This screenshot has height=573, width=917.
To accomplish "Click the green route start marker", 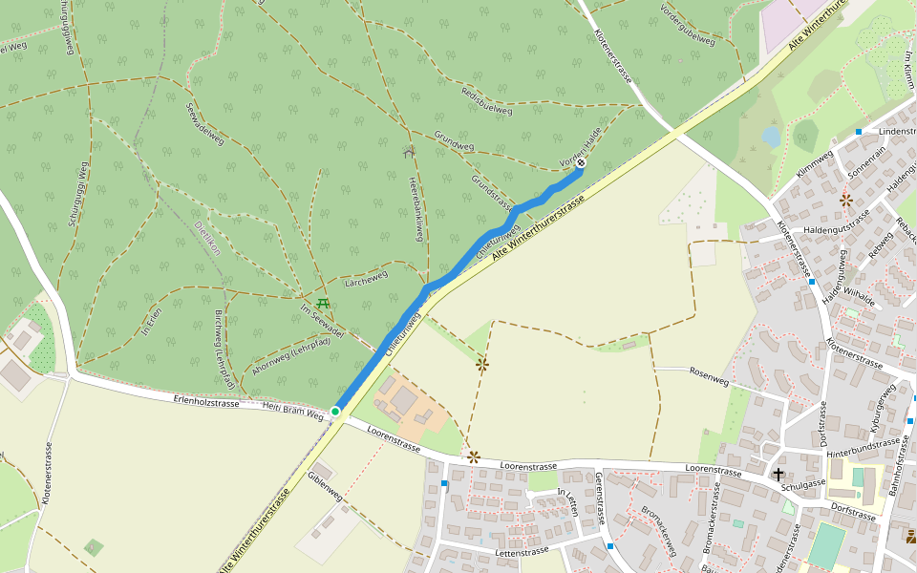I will click(335, 411).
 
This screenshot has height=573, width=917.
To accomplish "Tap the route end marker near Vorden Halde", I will click(580, 163).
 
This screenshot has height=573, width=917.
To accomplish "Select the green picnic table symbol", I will click(323, 304).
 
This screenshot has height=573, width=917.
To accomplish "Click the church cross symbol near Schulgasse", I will click(778, 474).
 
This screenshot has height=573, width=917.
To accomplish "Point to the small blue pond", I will click(771, 137).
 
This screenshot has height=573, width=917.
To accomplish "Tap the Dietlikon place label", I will click(206, 238).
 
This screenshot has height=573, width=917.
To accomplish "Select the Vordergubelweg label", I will click(688, 26).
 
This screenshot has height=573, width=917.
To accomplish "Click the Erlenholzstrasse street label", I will click(206, 402).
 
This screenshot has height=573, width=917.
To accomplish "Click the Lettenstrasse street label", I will click(522, 551).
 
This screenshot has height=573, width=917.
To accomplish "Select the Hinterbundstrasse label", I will click(864, 442).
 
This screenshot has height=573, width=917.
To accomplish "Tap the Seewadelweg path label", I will click(206, 124).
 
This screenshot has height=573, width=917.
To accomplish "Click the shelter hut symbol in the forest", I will click(410, 151).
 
